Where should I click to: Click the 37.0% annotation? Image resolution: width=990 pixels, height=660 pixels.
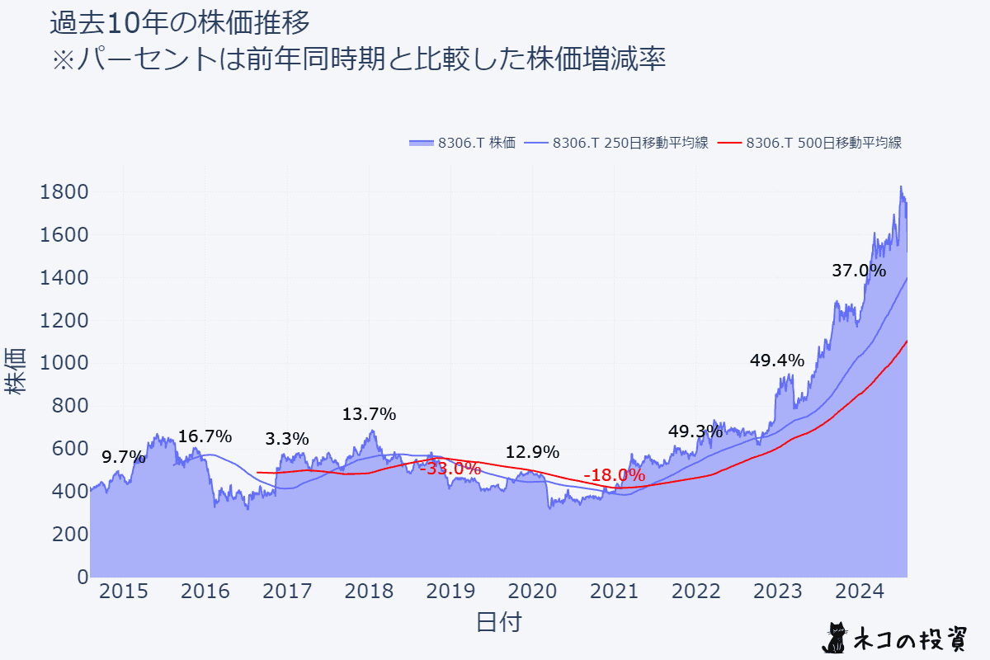pos(859,271)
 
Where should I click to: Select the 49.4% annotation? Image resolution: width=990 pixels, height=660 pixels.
pos(776,361)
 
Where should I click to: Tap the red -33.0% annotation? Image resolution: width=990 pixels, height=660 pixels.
pos(450,469)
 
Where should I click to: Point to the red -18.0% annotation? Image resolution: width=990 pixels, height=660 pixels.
pos(614,475)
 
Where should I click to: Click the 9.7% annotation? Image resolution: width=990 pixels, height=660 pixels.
pos(124,457)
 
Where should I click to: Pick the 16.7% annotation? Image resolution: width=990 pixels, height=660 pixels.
pos(205,437)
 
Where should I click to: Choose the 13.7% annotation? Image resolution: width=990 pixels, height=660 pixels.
pos(370,414)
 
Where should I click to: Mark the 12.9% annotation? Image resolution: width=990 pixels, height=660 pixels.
pos(532,452)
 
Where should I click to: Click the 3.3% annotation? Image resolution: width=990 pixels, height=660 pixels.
pos(287,439)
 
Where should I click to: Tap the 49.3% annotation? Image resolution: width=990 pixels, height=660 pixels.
pos(695,431)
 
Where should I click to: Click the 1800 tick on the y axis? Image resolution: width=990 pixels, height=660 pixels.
pos(64,192)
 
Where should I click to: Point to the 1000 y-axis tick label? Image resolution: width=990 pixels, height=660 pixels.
pos(64,363)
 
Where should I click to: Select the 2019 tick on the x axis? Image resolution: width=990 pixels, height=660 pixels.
pos(450,592)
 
